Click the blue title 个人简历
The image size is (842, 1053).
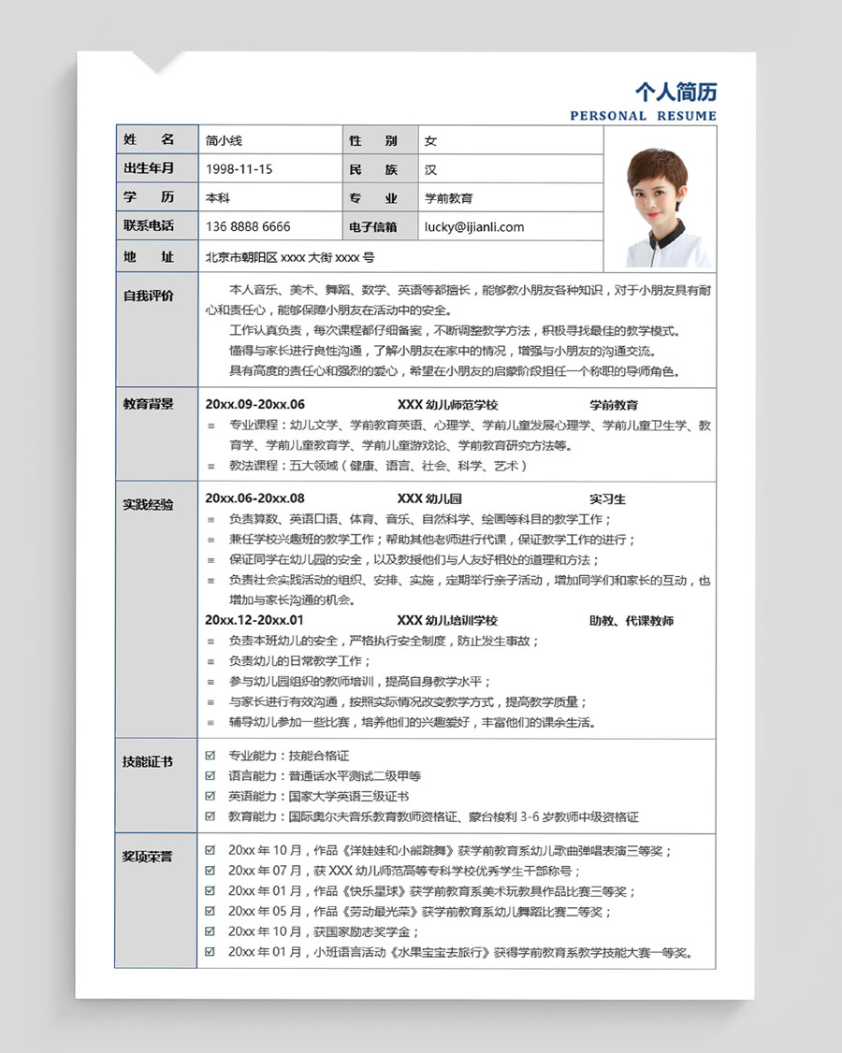[x=675, y=92]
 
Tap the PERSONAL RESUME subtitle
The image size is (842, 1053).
[x=643, y=116]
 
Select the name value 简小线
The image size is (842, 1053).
[x=224, y=140]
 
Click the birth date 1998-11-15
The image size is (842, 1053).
[x=239, y=169]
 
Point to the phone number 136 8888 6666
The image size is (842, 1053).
[x=248, y=226]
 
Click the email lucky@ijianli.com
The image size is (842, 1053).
[x=473, y=226]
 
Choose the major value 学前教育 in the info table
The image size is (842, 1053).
[x=449, y=198]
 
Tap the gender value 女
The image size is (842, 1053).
[x=430, y=140]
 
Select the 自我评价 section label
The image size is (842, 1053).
[x=149, y=296]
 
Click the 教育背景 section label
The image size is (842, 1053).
[x=149, y=404]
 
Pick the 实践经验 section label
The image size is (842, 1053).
[x=149, y=504]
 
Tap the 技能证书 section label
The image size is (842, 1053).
[x=149, y=761]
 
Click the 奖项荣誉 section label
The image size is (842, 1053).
[x=149, y=856]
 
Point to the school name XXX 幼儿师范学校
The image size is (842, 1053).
[x=447, y=405]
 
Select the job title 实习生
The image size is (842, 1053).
[x=607, y=498]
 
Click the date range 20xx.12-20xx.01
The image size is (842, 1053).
[x=254, y=620]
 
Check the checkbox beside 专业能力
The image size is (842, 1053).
[x=210, y=755]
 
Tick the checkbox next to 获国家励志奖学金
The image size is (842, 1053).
[x=210, y=931]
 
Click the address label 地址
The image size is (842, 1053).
[x=149, y=256]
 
